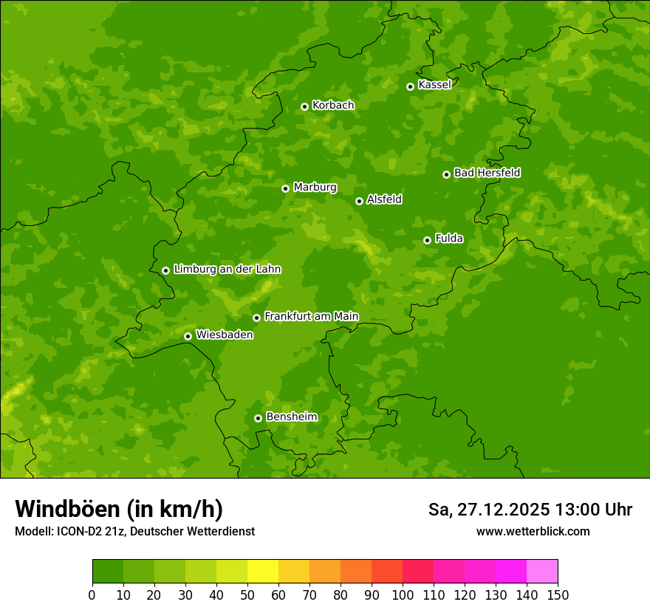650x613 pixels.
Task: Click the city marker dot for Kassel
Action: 410,86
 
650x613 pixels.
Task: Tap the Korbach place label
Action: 333,106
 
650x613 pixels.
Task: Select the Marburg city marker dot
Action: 285,188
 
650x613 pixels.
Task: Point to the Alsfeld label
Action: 384,199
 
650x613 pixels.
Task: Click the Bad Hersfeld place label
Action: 487,173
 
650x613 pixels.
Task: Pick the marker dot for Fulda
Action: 427,240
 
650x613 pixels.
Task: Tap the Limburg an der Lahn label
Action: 227,270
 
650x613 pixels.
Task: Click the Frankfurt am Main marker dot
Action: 256,318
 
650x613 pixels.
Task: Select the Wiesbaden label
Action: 224,335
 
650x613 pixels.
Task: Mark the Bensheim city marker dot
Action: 258,418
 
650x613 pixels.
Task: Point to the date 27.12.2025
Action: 503,510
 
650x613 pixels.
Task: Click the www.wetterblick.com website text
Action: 533,531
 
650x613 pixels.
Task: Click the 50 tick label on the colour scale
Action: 247,595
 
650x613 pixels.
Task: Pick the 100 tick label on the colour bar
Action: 403,595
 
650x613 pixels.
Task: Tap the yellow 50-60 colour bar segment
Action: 262,572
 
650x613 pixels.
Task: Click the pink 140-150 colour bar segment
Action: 541,572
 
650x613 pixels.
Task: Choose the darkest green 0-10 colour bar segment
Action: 107,572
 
